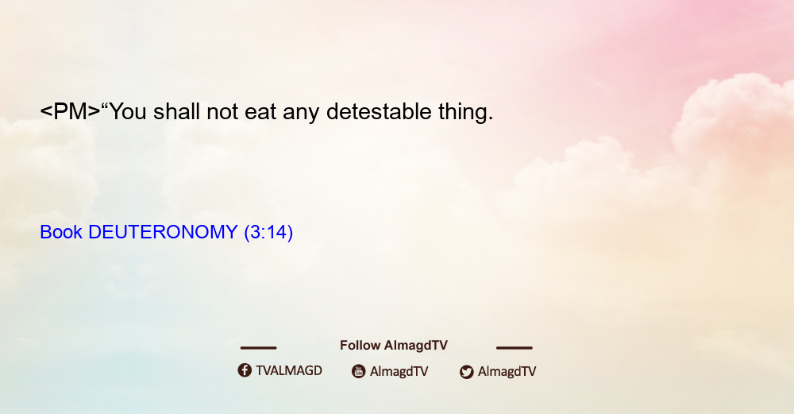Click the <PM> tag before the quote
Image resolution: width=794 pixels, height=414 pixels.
[71, 111]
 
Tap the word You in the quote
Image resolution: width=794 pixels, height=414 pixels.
[128, 111]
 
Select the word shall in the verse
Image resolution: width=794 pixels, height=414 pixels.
[177, 111]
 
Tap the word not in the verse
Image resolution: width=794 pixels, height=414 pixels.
[222, 111]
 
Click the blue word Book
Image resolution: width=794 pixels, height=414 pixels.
[61, 232]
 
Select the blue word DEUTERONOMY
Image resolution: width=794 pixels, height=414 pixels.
[163, 232]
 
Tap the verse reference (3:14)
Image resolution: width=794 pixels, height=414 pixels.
[268, 233]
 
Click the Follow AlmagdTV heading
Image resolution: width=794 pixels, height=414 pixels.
[394, 346]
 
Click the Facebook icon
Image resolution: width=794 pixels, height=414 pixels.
[245, 370]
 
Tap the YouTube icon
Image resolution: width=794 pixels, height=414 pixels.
[359, 371]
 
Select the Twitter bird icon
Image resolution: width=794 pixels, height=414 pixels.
[467, 372]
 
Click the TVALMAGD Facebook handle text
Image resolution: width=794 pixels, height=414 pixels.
[289, 370]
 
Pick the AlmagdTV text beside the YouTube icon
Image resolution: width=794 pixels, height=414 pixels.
[399, 371]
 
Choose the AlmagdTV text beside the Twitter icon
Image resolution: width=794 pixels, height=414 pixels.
[507, 371]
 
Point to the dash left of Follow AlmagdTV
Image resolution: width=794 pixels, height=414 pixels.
[258, 348]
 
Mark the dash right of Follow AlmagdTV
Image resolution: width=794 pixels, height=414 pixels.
[515, 348]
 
